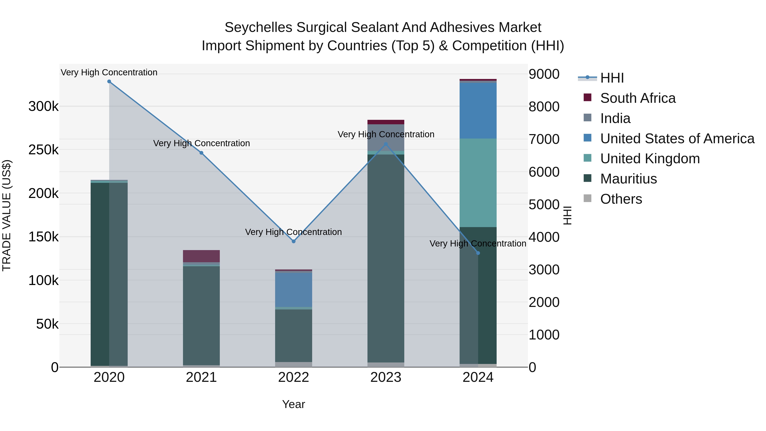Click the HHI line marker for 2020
pyautogui.click(x=109, y=82)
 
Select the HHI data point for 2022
pyautogui.click(x=293, y=241)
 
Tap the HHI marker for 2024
pyautogui.click(x=478, y=253)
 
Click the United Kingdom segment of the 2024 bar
pyautogui.click(x=478, y=183)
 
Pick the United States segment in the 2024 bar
pyautogui.click(x=478, y=111)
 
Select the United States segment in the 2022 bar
pyautogui.click(x=293, y=290)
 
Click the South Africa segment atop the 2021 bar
pyautogui.click(x=201, y=256)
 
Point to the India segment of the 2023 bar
pyautogui.click(x=386, y=137)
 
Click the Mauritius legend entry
pyautogui.click(x=628, y=179)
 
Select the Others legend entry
pyautogui.click(x=621, y=199)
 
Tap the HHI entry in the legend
pyautogui.click(x=612, y=78)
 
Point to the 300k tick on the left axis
pyautogui.click(x=43, y=106)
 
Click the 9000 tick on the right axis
pyautogui.click(x=544, y=74)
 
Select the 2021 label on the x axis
pyautogui.click(x=201, y=377)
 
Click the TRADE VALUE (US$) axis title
pyautogui.click(x=7, y=215)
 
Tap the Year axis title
pyautogui.click(x=293, y=404)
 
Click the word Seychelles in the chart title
pyautogui.click(x=258, y=27)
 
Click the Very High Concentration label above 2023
pyautogui.click(x=386, y=135)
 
